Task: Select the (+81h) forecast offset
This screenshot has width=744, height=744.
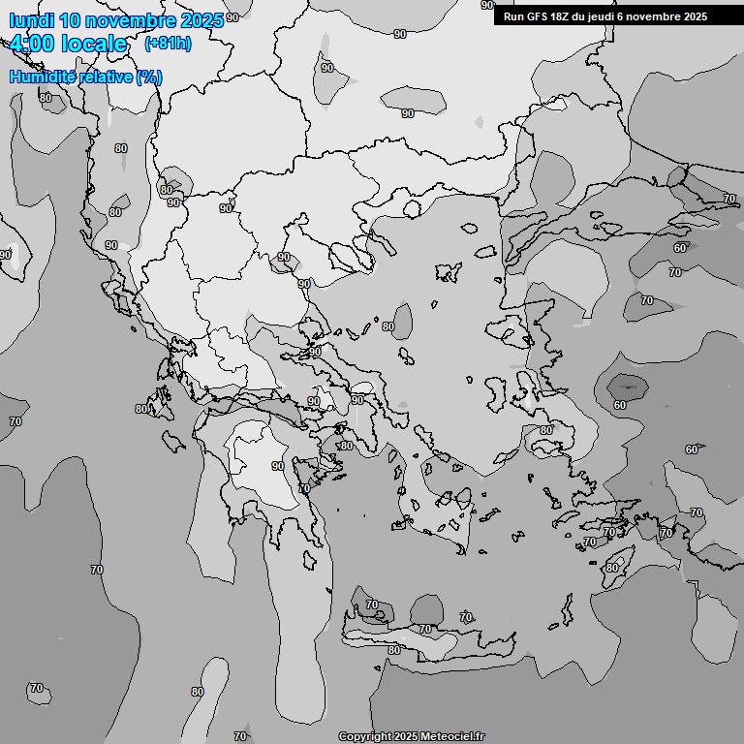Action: click(x=168, y=44)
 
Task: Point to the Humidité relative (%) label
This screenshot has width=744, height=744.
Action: click(x=85, y=77)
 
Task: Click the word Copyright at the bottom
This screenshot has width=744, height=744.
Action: click(x=365, y=736)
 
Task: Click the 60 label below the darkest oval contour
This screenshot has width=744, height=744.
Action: click(x=619, y=405)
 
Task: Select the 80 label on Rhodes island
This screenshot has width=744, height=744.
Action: click(x=612, y=568)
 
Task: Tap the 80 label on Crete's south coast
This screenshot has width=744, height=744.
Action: click(x=394, y=650)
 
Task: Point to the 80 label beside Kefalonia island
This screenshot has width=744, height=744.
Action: click(x=141, y=409)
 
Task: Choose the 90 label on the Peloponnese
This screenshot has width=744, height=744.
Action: click(x=278, y=466)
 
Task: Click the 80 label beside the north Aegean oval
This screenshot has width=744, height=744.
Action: click(x=388, y=326)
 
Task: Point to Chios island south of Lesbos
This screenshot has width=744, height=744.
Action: click(x=498, y=391)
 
